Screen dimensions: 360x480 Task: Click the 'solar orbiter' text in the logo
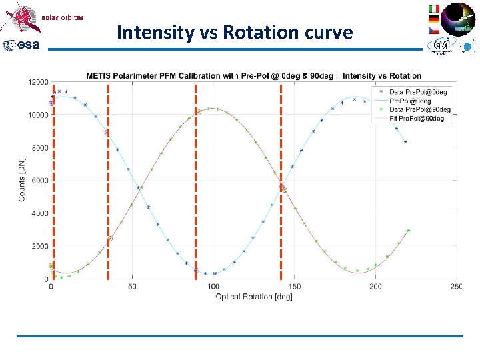pyautogui.click(x=63, y=17)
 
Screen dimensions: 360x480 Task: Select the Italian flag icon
pyautogui.click(x=433, y=9)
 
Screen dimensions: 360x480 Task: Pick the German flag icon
pyautogui.click(x=433, y=20)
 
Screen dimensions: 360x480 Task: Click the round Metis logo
pyautogui.click(x=459, y=18)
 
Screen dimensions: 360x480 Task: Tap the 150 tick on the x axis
pyautogui.click(x=295, y=287)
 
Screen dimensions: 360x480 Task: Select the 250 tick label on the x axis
pyautogui.click(x=456, y=287)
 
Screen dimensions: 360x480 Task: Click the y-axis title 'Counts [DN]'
pyautogui.click(x=22, y=180)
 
